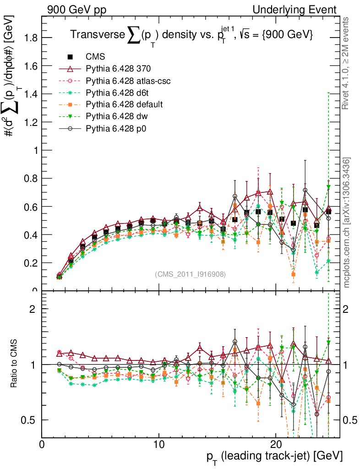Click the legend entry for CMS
[95, 57]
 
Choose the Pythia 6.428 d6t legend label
[117, 93]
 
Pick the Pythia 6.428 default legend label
[124, 105]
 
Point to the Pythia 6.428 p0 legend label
[116, 129]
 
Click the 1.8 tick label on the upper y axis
[31, 38]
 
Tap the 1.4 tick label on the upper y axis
[31, 94]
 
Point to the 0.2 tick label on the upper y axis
[31, 263]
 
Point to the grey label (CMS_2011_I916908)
[190, 274]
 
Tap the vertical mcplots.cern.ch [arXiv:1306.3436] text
[347, 223]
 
